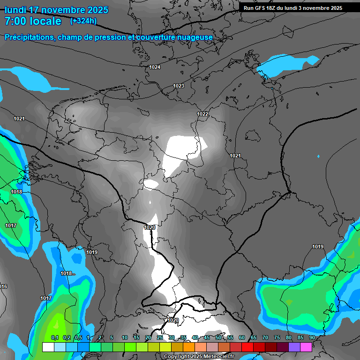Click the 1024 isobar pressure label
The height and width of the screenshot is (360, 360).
155,67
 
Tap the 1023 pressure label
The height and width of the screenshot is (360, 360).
179,86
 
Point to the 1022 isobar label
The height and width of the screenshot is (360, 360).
202,114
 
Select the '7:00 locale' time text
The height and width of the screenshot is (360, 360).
33,21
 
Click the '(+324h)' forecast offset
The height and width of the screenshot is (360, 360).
83,21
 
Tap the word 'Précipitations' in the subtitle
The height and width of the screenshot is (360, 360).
30,37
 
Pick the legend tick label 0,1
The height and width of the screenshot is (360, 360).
54,338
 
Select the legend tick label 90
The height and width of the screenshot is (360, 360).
312,338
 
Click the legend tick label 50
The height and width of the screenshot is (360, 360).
218,338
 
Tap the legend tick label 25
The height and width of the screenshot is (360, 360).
160,338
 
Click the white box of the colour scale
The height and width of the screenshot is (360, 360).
48,347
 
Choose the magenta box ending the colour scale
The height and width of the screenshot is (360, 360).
306,347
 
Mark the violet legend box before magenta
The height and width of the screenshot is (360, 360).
294,347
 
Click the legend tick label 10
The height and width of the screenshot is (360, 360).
125,338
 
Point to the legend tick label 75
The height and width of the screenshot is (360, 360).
277,338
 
